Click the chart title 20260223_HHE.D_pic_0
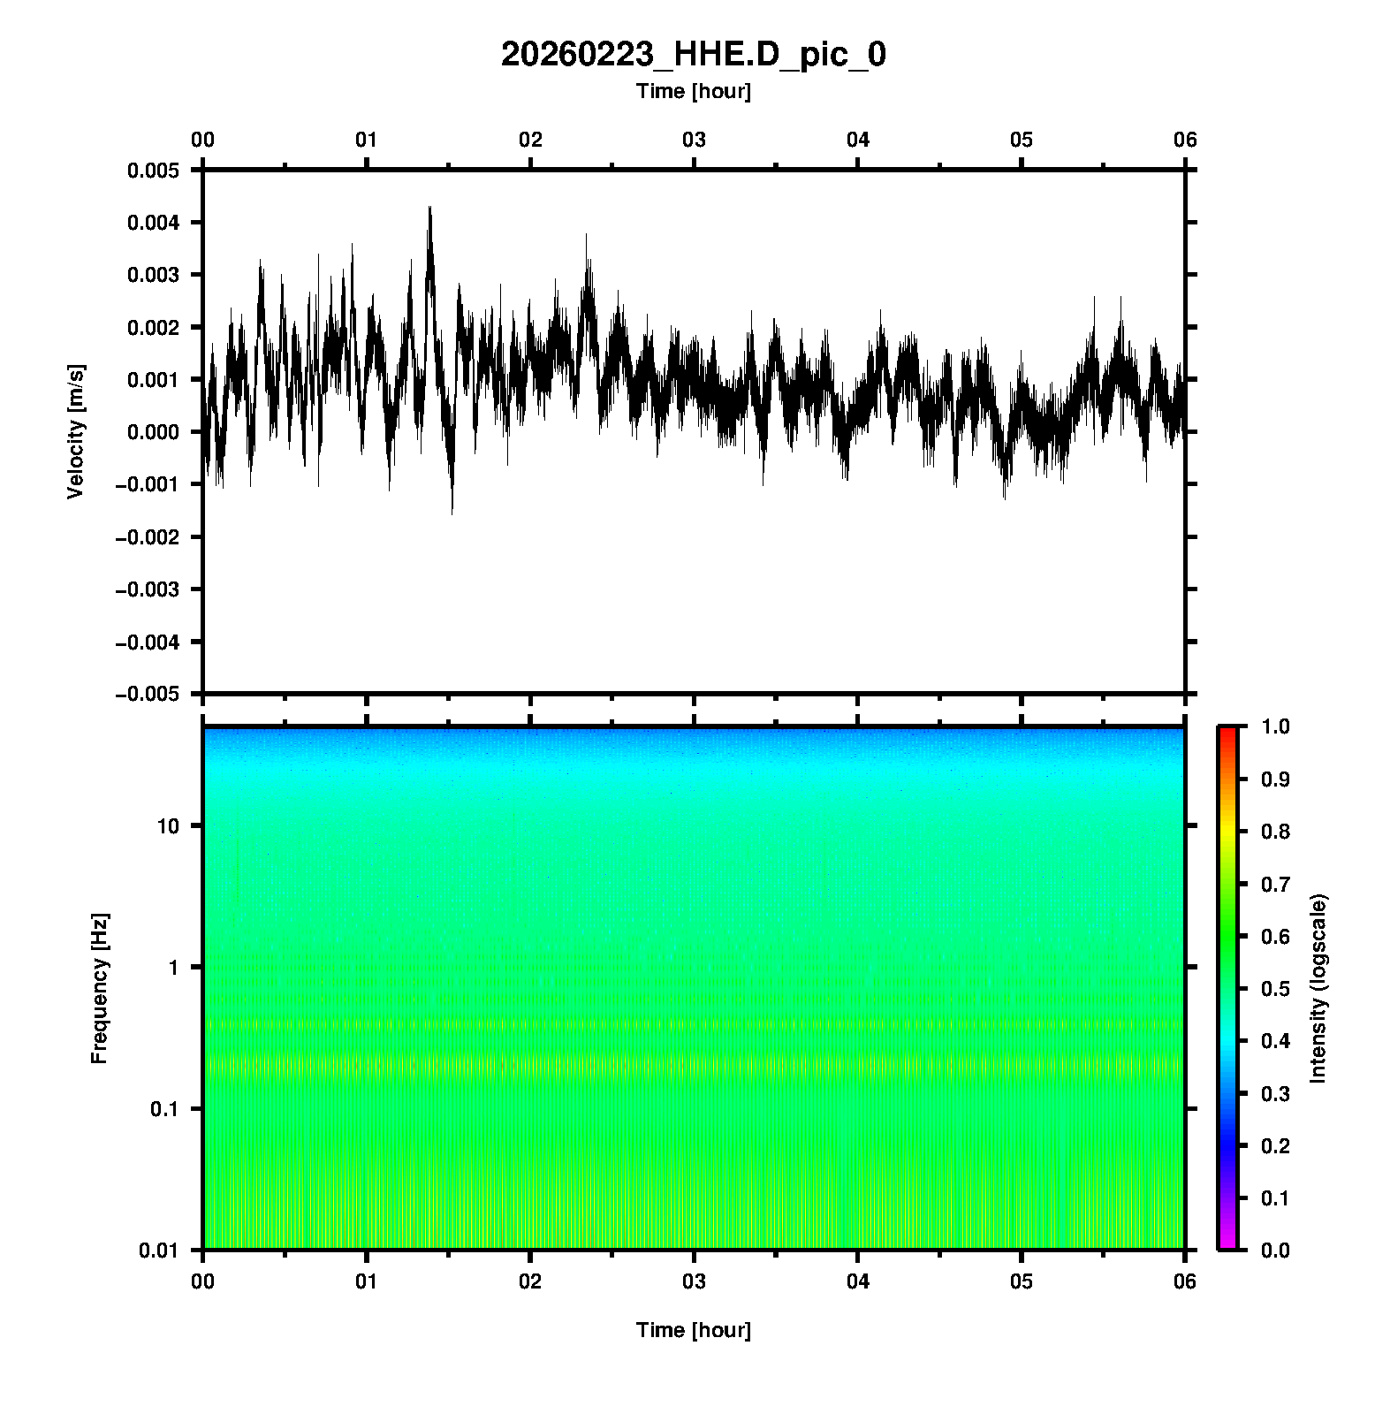(x=693, y=55)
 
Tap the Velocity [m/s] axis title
(x=76, y=431)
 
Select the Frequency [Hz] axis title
(x=99, y=989)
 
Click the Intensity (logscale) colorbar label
(x=1318, y=988)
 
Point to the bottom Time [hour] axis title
(x=693, y=1330)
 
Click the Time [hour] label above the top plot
(x=693, y=91)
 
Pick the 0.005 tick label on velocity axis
(x=154, y=170)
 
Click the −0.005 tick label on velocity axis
(x=148, y=694)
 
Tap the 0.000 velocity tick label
(x=154, y=432)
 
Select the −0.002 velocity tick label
(x=148, y=536)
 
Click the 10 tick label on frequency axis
(x=168, y=826)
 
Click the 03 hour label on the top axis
(x=694, y=140)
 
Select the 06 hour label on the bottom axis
(x=1185, y=1281)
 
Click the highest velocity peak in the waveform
(x=429, y=209)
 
